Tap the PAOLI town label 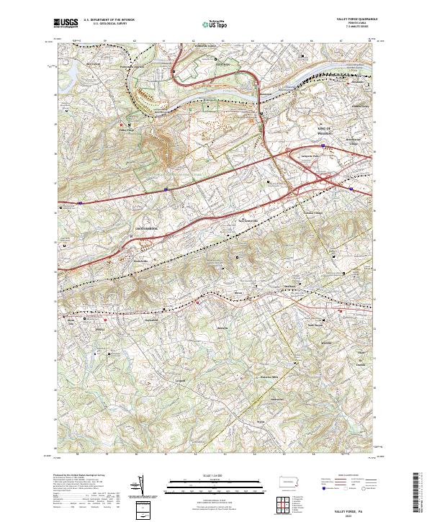click(x=100, y=329)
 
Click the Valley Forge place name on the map click(x=127, y=130)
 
